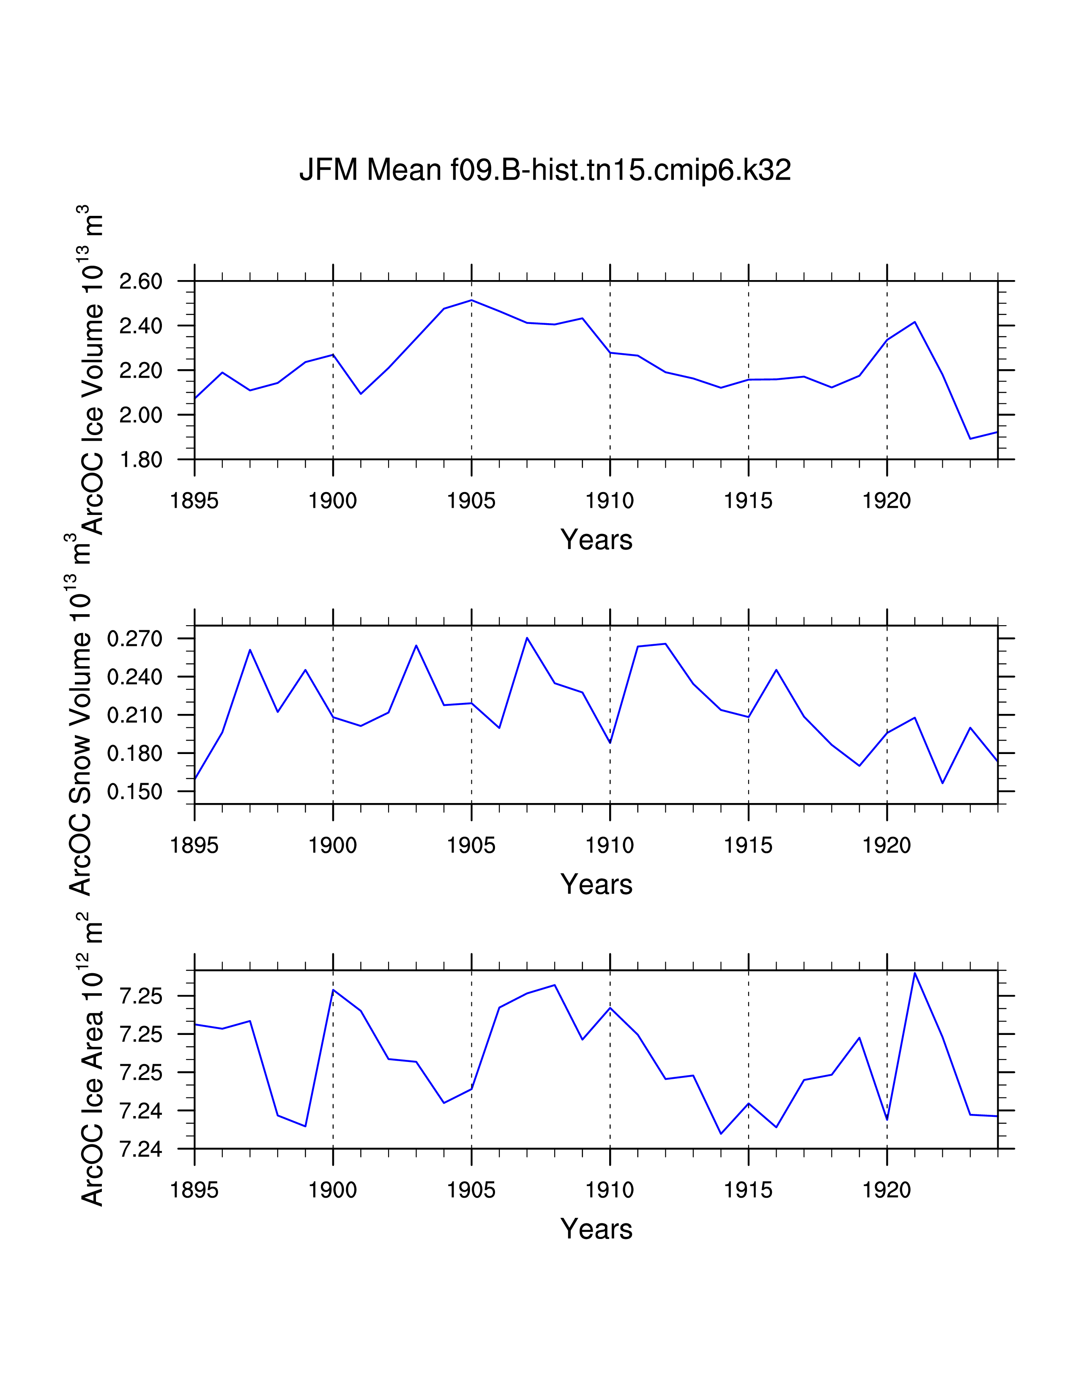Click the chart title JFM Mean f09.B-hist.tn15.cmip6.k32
545,170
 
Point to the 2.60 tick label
140,281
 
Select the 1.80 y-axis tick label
140,460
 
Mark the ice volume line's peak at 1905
471,300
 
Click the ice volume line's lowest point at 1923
970,438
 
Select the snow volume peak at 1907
527,637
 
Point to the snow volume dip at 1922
943,782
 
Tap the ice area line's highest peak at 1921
914,973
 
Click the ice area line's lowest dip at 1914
721,1134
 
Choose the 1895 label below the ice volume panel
194,501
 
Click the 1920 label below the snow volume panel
886,846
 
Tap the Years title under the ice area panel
596,1229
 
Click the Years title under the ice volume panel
596,540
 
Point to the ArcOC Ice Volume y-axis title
91,370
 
